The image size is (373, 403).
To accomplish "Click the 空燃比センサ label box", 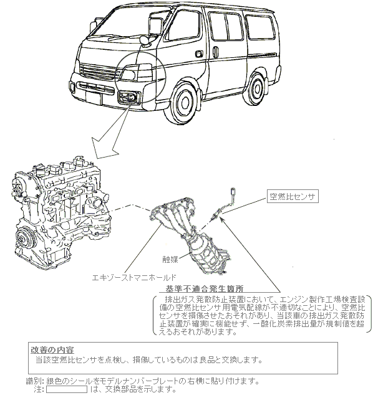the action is point(293,196).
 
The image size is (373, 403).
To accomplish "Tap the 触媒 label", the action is point(170,259).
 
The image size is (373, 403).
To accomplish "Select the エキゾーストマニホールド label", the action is point(134,278).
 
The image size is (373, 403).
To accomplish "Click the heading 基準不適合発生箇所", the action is point(204,289).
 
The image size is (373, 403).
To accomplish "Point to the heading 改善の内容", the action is point(52,350).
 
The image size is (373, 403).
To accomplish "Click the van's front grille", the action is point(97,70).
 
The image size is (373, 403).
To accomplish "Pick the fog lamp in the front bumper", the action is point(128,98).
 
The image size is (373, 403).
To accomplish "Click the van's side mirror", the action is point(155,26).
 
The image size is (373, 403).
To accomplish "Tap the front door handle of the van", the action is point(198,54).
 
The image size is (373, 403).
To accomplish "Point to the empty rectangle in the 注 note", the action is point(67,389).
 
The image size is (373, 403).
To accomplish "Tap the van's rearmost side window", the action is point(259,27).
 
